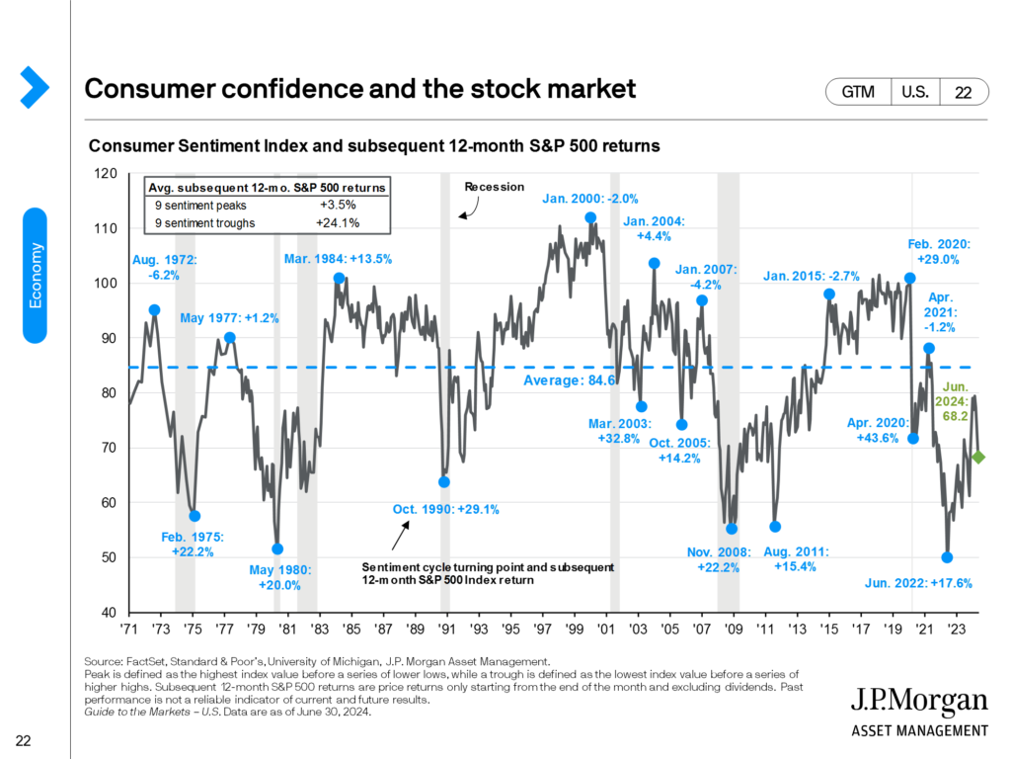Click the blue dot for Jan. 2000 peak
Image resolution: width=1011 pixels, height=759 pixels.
(590, 217)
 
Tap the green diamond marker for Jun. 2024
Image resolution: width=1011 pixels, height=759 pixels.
(978, 457)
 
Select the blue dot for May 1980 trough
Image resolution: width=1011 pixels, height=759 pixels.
(277, 548)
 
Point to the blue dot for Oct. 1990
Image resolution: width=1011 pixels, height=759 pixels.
(444, 482)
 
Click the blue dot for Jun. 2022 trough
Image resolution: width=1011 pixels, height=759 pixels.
(948, 557)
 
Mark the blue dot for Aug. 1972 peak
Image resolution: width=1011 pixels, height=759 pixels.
(154, 309)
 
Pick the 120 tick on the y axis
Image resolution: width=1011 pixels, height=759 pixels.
(105, 174)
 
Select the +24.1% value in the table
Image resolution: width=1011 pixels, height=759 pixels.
(339, 223)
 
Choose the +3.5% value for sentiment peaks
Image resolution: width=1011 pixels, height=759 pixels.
(339, 205)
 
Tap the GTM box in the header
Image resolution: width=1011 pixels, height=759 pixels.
(859, 92)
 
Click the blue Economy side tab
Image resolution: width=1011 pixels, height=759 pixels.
(36, 276)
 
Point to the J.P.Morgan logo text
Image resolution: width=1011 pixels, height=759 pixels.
(918, 704)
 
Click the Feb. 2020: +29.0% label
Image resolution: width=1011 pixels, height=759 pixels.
(939, 250)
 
